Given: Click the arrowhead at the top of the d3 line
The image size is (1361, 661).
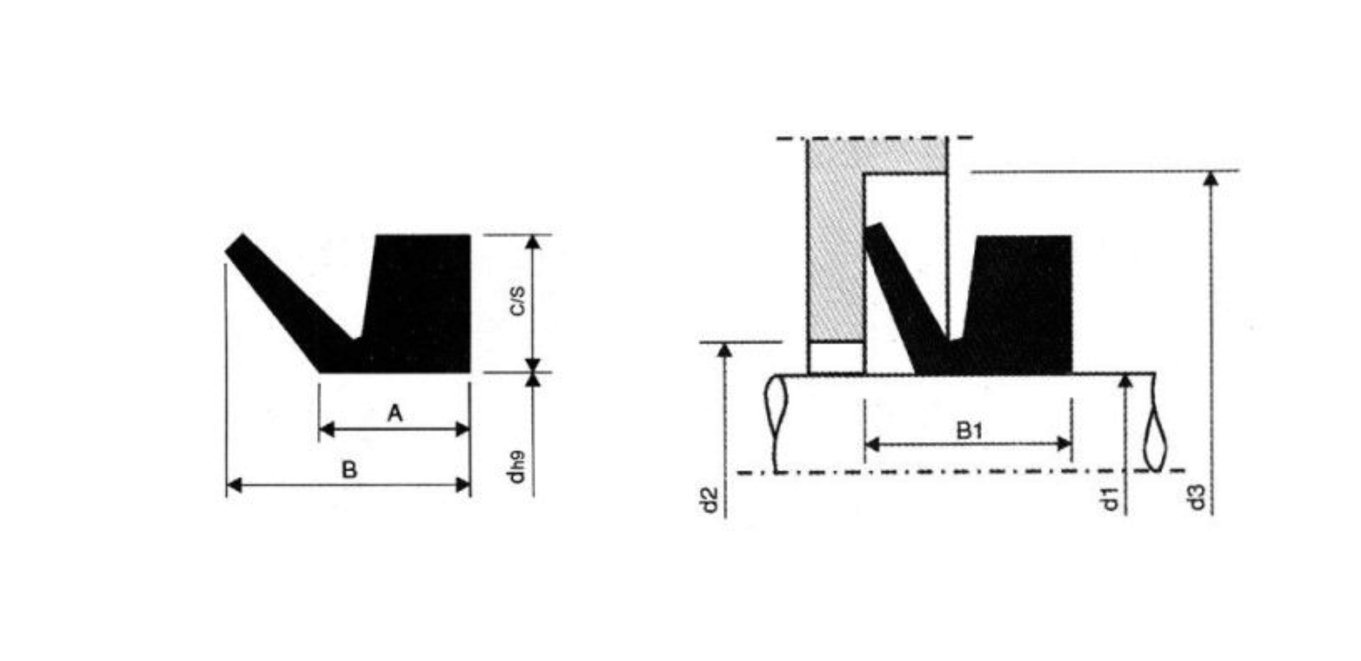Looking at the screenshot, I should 1211,179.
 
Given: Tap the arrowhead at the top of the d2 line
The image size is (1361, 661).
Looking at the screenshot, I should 725,350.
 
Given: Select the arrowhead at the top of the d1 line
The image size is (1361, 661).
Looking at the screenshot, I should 1126,380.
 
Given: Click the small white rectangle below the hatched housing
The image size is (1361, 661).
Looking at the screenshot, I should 836,357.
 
